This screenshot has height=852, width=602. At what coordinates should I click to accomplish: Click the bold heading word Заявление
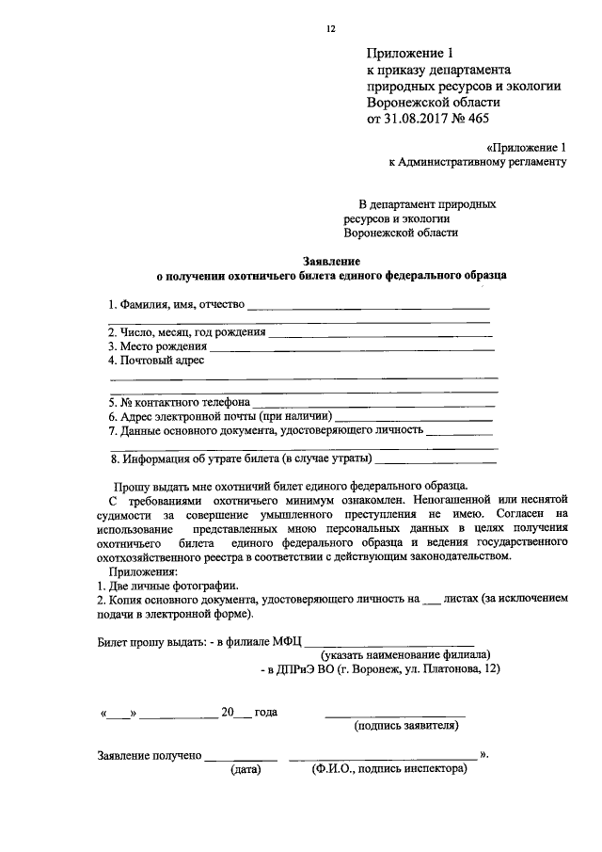point(330,260)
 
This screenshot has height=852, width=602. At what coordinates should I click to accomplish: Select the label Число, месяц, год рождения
point(186,332)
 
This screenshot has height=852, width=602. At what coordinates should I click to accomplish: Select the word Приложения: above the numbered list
point(136,571)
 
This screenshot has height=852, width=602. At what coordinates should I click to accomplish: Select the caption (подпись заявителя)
point(405,726)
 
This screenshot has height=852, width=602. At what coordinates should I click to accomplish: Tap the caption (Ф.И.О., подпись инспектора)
point(388,769)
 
